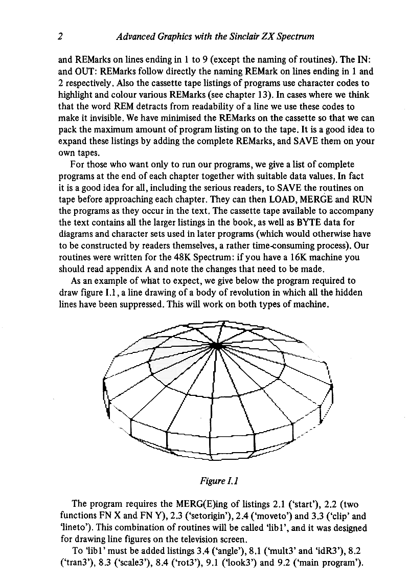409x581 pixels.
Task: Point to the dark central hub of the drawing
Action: tap(217, 346)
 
